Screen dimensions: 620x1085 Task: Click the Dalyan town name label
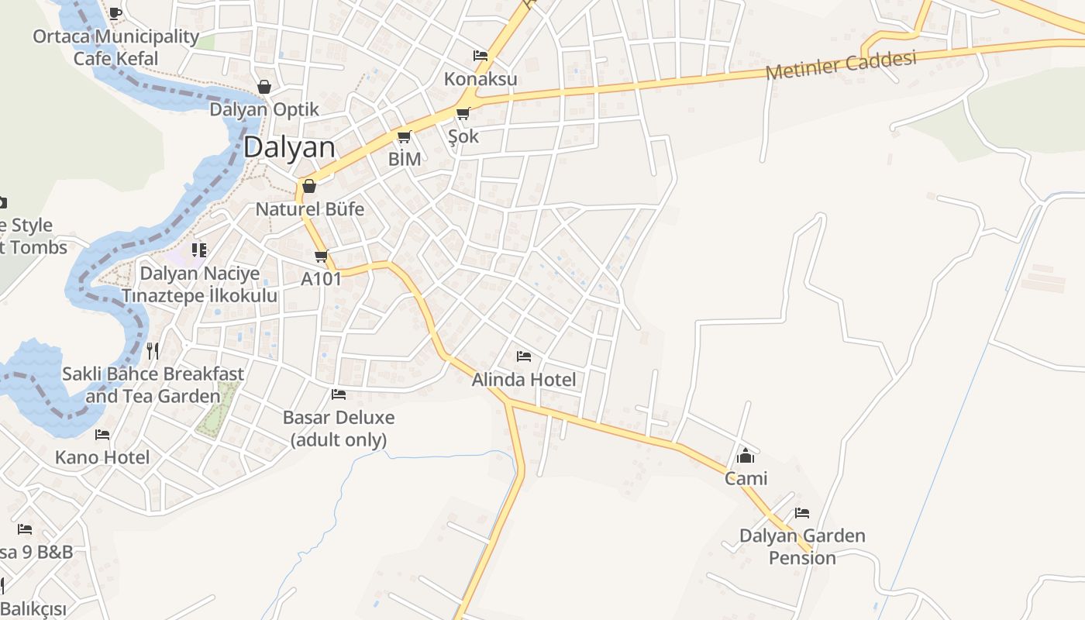click(289, 147)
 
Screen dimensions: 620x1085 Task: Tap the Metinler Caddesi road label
click(840, 64)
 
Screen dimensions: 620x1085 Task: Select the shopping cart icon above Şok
click(463, 114)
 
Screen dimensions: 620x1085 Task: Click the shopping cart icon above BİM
click(404, 137)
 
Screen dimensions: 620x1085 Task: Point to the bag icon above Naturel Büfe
click(309, 186)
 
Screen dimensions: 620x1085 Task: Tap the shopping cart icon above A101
click(321, 256)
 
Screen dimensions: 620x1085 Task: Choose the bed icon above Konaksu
click(480, 56)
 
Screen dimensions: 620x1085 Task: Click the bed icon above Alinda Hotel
click(524, 356)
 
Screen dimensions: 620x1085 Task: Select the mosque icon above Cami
click(746, 455)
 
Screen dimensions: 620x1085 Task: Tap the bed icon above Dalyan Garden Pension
click(802, 513)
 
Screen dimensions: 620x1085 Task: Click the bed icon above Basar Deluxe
click(339, 394)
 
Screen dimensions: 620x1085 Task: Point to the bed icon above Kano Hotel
click(102, 435)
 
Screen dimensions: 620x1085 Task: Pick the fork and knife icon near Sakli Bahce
click(153, 351)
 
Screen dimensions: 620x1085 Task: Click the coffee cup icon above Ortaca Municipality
click(115, 13)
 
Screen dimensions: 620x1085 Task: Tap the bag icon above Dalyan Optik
click(264, 87)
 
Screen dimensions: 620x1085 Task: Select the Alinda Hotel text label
click(524, 380)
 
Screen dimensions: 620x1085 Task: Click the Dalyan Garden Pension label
click(802, 546)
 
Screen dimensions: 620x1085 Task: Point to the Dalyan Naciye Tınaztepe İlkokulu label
click(199, 284)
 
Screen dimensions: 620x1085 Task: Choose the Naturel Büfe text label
click(309, 209)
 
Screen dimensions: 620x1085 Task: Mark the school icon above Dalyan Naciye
click(199, 250)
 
